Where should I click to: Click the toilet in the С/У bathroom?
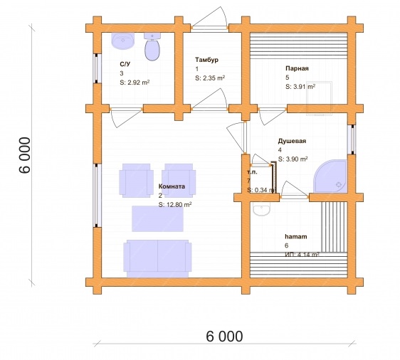tap(152, 47)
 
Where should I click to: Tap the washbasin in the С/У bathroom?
tap(122, 41)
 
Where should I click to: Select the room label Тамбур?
tap(206, 60)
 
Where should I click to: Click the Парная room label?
tap(297, 68)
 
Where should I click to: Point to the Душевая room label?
tap(292, 141)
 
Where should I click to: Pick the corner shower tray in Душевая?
tap(331, 176)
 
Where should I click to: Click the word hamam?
tap(296, 237)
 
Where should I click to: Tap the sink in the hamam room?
tap(261, 209)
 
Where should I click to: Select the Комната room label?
tap(172, 186)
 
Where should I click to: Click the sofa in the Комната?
tap(157, 258)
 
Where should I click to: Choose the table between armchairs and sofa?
tap(157, 218)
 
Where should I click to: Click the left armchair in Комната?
tap(136, 181)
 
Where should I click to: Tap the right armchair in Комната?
tap(179, 181)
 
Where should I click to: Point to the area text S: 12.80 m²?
tap(175, 204)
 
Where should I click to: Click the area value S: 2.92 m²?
tap(135, 83)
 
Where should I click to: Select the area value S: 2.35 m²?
tap(210, 78)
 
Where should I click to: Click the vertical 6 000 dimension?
tap(25, 155)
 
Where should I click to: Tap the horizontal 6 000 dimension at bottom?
tap(224, 337)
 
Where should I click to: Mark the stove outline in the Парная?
tap(320, 99)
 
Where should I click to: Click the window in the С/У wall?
tap(97, 68)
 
